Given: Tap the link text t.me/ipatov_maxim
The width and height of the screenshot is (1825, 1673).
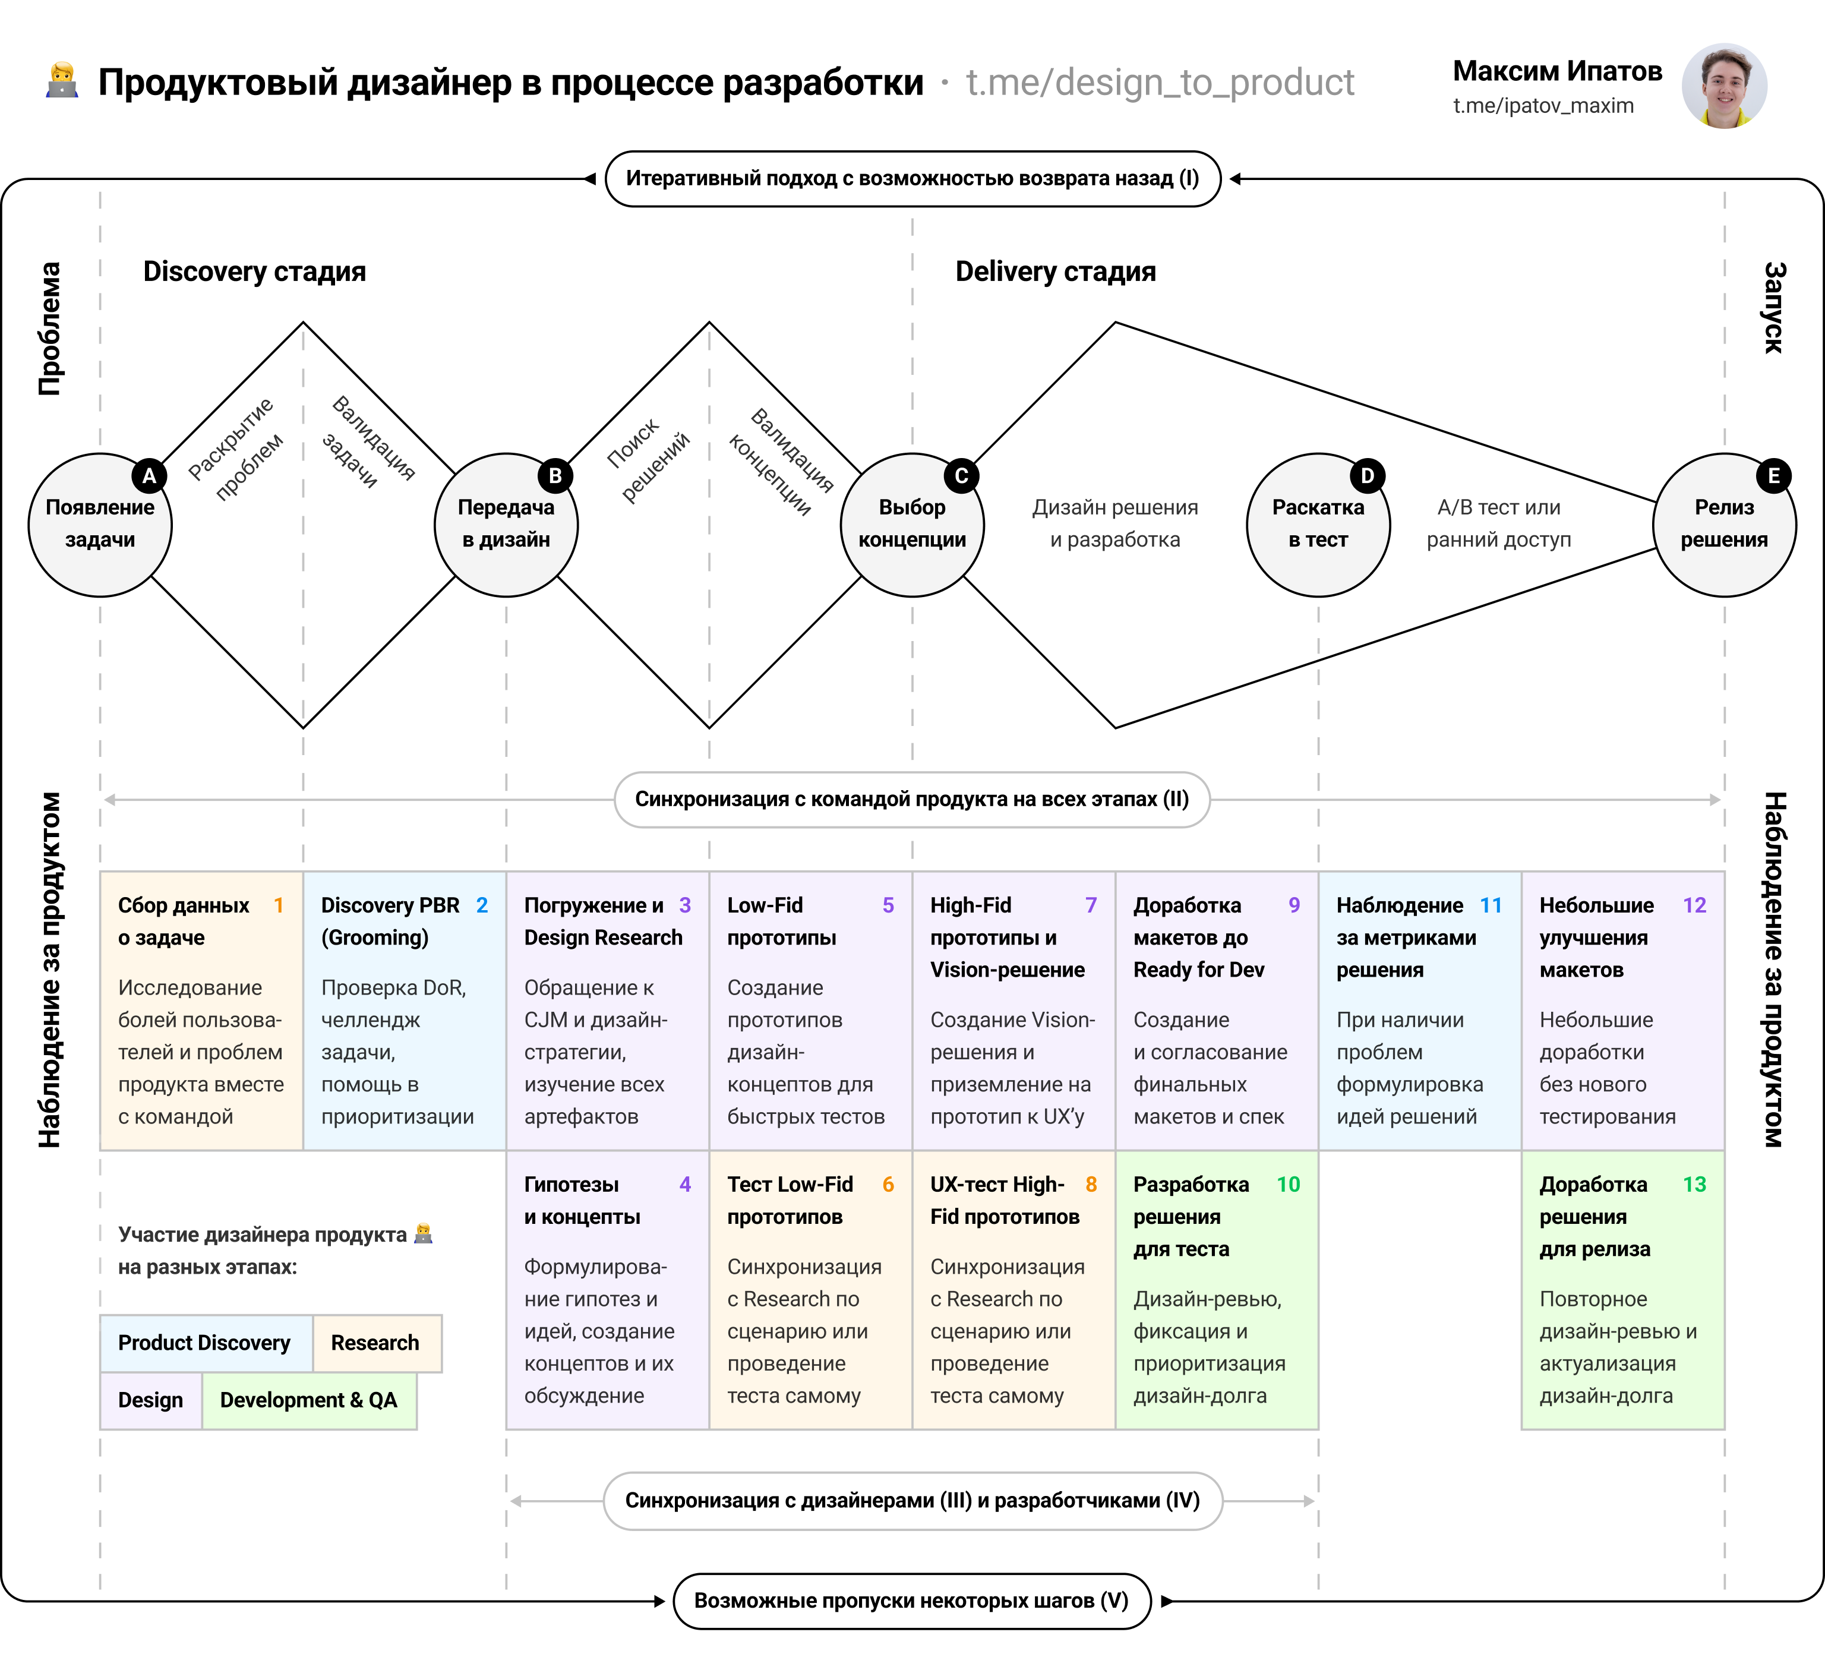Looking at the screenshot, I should pyautogui.click(x=1543, y=106).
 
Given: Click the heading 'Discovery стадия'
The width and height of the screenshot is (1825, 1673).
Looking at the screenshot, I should pyautogui.click(x=254, y=272).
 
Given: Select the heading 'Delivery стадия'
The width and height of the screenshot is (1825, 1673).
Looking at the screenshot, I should pyautogui.click(x=1056, y=272).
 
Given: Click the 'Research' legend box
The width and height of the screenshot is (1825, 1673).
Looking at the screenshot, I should pyautogui.click(x=375, y=1343).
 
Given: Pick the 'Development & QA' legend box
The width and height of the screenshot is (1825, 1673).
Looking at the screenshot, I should pyautogui.click(x=309, y=1400).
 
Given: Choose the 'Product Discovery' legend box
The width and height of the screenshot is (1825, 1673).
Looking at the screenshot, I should pyautogui.click(x=204, y=1343).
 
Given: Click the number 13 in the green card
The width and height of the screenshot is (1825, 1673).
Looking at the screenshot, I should pyautogui.click(x=1694, y=1184).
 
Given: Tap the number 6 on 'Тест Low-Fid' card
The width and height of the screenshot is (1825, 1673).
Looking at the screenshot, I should pyautogui.click(x=888, y=1184).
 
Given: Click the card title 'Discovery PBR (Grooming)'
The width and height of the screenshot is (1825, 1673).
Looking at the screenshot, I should pyautogui.click(x=390, y=921).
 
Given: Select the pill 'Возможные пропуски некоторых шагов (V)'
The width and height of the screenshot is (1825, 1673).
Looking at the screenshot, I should pyautogui.click(x=911, y=1601).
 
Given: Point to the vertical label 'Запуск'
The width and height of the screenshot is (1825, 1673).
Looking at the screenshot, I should pyautogui.click(x=1773, y=308).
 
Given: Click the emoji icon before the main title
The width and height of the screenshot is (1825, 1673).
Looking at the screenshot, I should pyautogui.click(x=62, y=81).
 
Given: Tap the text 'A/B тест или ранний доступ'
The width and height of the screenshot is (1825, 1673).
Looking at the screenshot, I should pyautogui.click(x=1498, y=523).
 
